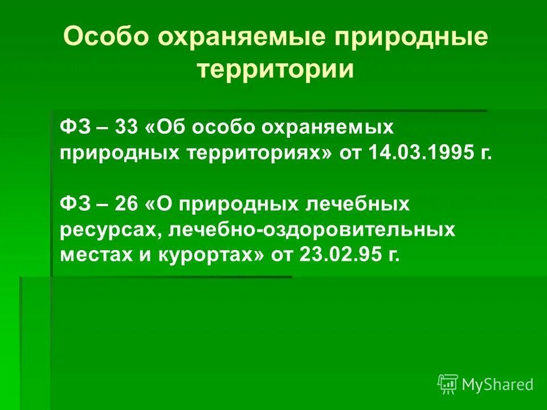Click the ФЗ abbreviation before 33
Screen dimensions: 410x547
(73, 126)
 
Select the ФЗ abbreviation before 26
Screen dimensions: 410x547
(73, 204)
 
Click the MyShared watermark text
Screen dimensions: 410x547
(497, 384)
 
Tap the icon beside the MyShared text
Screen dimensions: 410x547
(448, 384)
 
